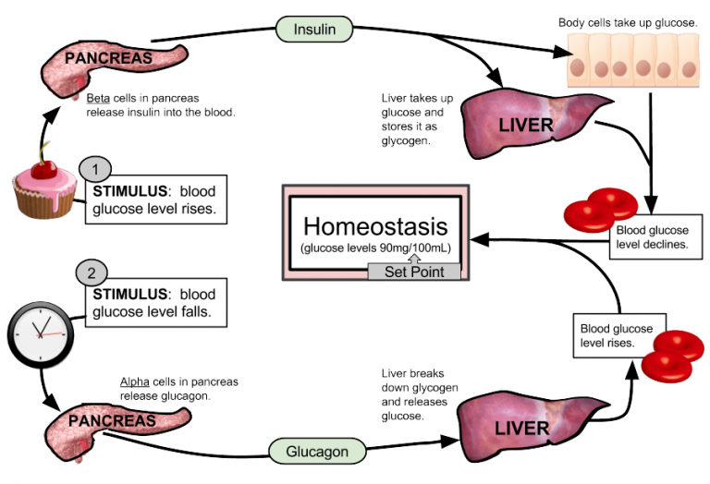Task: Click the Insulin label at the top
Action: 314,29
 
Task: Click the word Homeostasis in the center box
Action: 374,226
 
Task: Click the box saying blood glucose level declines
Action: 651,236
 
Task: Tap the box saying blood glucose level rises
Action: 616,335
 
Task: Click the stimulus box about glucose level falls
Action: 156,304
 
